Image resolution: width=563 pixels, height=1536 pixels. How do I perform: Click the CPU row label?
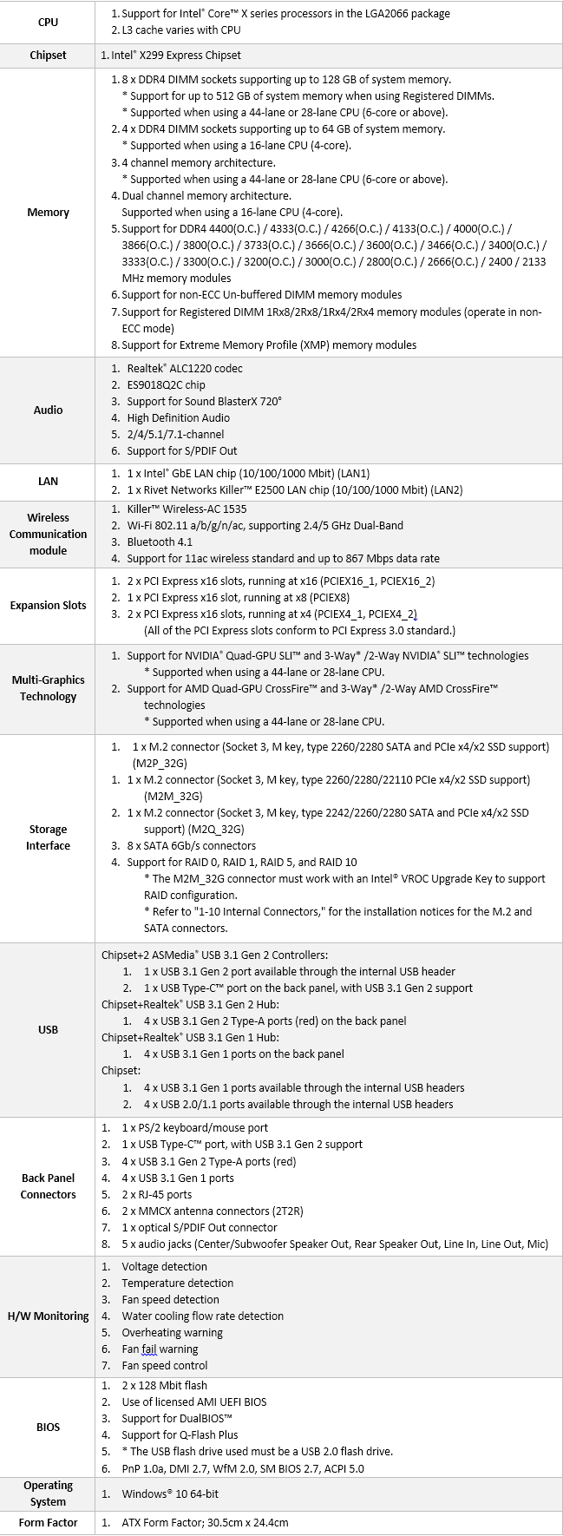tap(48, 22)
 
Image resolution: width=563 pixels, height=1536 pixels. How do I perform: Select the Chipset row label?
tap(48, 55)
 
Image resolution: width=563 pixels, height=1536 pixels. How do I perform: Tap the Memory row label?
tap(48, 212)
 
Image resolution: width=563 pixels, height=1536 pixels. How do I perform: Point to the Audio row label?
tap(48, 410)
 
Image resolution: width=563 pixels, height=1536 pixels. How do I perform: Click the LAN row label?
tap(48, 481)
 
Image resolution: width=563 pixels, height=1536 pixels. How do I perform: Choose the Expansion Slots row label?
tap(48, 605)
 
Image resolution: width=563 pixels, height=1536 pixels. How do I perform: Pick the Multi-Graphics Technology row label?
tap(48, 688)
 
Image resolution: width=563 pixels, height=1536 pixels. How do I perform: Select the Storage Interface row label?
tap(48, 837)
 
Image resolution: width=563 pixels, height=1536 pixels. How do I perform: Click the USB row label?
tap(48, 1029)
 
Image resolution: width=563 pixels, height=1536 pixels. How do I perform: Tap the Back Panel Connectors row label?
tap(48, 1186)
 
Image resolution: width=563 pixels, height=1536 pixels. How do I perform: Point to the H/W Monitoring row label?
tap(48, 1316)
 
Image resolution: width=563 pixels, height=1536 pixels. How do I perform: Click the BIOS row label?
tap(48, 1427)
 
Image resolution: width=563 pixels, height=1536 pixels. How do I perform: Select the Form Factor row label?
tap(48, 1522)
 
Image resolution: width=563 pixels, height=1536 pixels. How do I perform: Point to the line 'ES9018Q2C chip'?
tap(166, 384)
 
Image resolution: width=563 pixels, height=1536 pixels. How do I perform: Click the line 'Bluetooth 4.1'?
tap(160, 542)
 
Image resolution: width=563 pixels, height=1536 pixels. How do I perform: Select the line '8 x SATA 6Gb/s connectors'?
tap(191, 845)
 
